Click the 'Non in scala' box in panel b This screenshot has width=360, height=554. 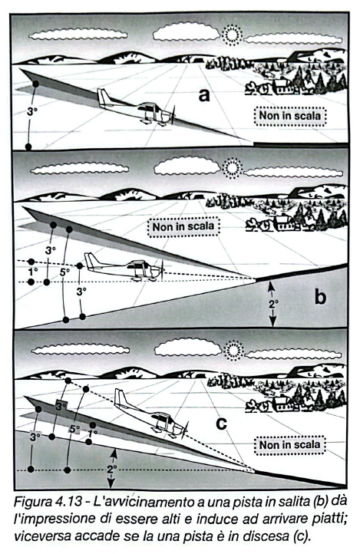coord(184,226)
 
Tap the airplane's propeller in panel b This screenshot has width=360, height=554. coord(161,269)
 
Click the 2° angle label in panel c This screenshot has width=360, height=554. coord(112,467)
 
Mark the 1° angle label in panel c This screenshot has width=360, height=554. coord(94,433)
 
